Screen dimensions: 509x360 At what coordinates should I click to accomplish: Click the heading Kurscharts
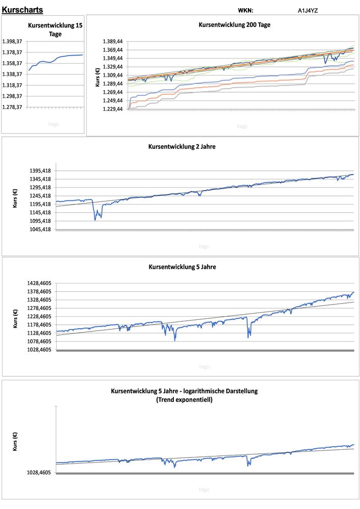[x=22, y=10]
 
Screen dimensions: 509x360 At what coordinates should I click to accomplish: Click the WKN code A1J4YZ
[x=308, y=10]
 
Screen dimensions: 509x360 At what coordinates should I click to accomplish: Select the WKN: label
[x=245, y=10]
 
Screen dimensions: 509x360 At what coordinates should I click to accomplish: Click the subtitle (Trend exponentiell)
[x=184, y=400]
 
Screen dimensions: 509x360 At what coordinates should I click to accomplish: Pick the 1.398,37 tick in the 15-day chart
[x=12, y=41]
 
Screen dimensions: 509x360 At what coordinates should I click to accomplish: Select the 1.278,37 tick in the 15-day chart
[x=12, y=107]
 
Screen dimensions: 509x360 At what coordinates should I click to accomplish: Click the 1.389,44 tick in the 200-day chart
[x=113, y=41]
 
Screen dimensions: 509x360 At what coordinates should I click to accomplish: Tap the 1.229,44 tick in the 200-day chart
[x=113, y=109]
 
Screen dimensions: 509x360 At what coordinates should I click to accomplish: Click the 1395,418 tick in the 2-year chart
[x=39, y=170]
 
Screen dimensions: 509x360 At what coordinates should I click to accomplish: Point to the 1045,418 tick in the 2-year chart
[x=39, y=229]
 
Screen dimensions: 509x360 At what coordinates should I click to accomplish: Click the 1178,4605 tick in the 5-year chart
[x=38, y=324]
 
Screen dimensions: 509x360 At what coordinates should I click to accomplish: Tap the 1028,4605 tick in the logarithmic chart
[x=38, y=473]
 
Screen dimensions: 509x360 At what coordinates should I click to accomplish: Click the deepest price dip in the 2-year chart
[x=95, y=219]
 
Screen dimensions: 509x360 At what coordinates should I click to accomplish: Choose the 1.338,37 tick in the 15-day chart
[x=12, y=74]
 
